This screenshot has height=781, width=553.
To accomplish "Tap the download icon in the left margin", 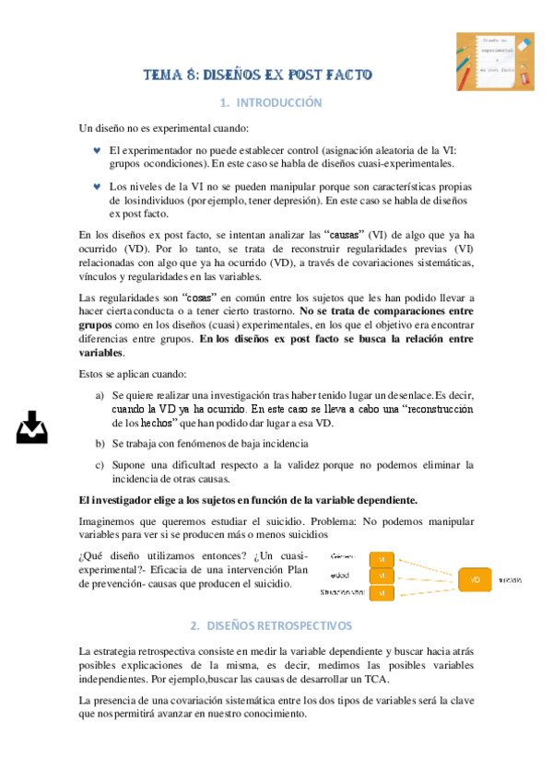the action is [x=32, y=427].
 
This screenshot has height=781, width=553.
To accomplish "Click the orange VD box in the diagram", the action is [x=475, y=580].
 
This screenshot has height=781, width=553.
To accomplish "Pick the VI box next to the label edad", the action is [x=382, y=577].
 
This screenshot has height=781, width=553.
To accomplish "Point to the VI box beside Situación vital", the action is [x=382, y=594].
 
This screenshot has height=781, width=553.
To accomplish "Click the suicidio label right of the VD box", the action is [x=512, y=581].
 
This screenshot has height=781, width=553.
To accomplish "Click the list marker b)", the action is [x=100, y=444].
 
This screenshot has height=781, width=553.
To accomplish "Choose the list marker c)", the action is [x=100, y=465].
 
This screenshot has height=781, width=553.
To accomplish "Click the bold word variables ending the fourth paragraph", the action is [x=101, y=353].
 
